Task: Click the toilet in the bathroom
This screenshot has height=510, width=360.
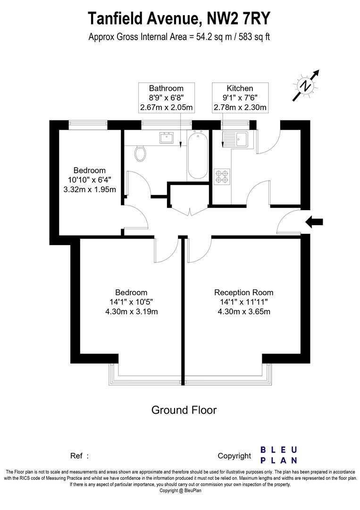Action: [140, 153]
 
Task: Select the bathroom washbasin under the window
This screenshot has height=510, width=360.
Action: [166, 137]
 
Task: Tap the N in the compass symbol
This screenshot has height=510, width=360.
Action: [306, 86]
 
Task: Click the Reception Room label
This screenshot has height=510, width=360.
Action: [243, 292]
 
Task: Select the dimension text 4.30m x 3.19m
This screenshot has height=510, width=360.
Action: [131, 311]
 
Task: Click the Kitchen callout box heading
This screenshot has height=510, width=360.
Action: [240, 88]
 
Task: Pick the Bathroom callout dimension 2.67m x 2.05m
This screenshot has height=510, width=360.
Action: [166, 108]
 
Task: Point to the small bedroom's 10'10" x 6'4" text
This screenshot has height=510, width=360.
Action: [89, 180]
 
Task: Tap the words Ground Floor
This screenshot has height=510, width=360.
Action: [184, 410]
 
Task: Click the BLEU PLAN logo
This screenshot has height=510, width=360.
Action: [279, 455]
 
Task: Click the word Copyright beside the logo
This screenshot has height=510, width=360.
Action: [234, 456]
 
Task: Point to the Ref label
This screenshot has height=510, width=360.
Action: [77, 456]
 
